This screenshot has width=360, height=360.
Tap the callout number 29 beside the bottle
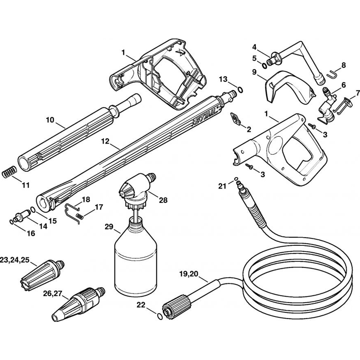coord(109,227)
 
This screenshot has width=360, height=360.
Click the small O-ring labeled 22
coord(158,316)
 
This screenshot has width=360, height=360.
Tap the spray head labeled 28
coord(135,187)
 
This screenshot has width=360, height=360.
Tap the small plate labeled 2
coord(235,120)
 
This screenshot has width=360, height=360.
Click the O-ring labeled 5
coord(265,65)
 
